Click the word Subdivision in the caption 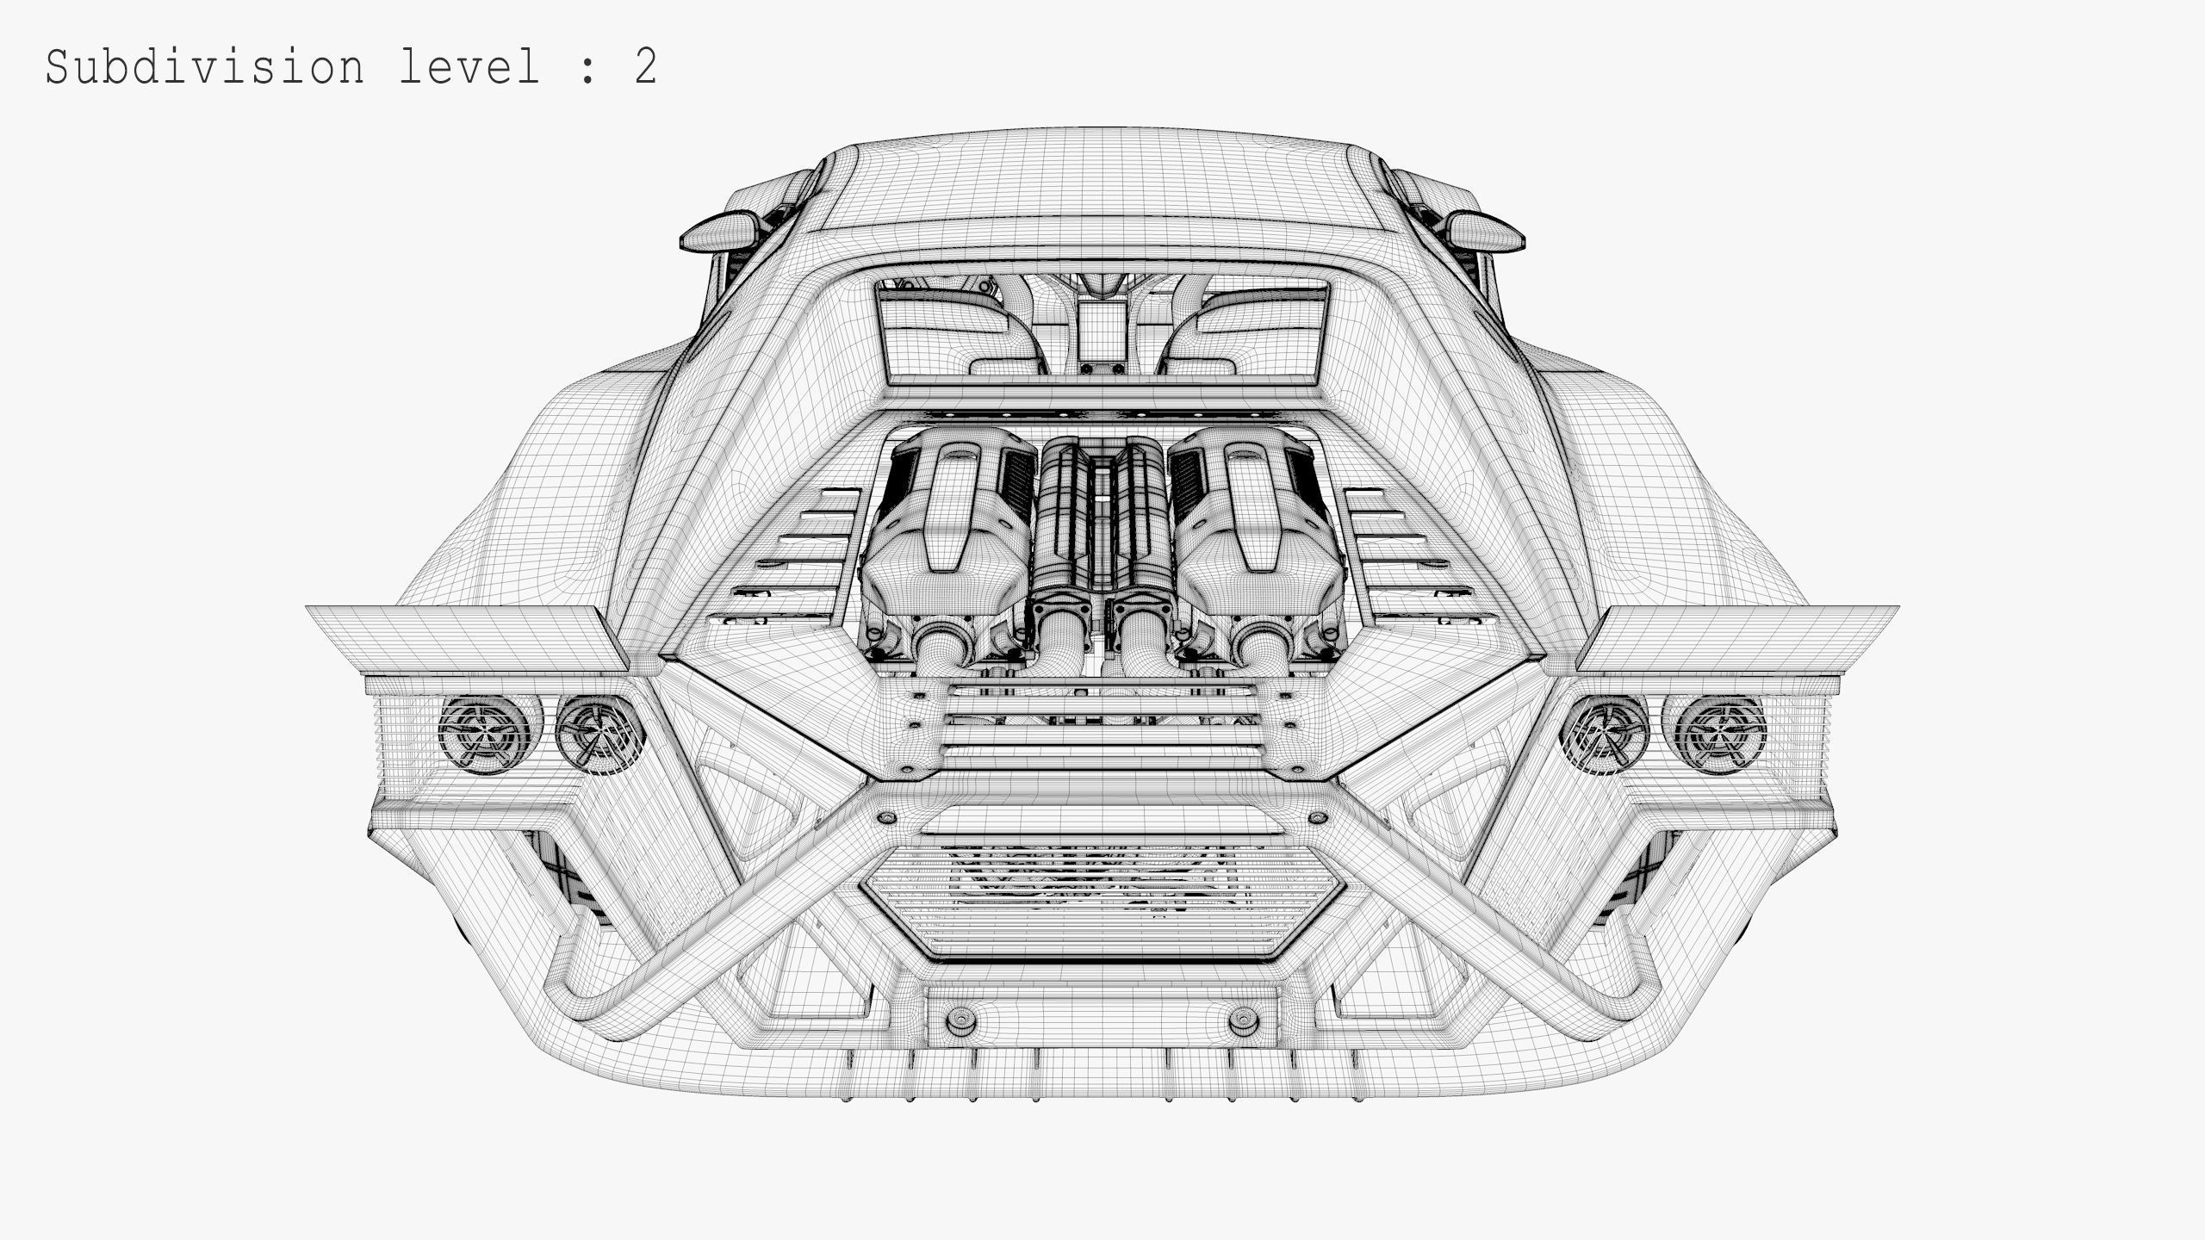tap(205, 67)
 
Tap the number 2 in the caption tap(645, 67)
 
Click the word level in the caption tap(469, 67)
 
